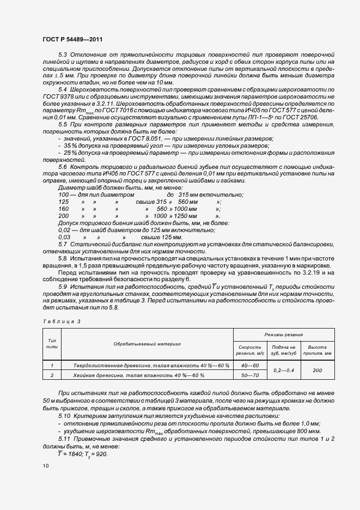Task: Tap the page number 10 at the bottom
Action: coord(45,466)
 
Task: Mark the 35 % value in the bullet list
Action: coord(71,147)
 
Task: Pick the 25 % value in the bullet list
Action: coord(71,154)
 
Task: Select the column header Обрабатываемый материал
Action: coord(147,344)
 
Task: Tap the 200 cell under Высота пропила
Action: coord(318,370)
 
